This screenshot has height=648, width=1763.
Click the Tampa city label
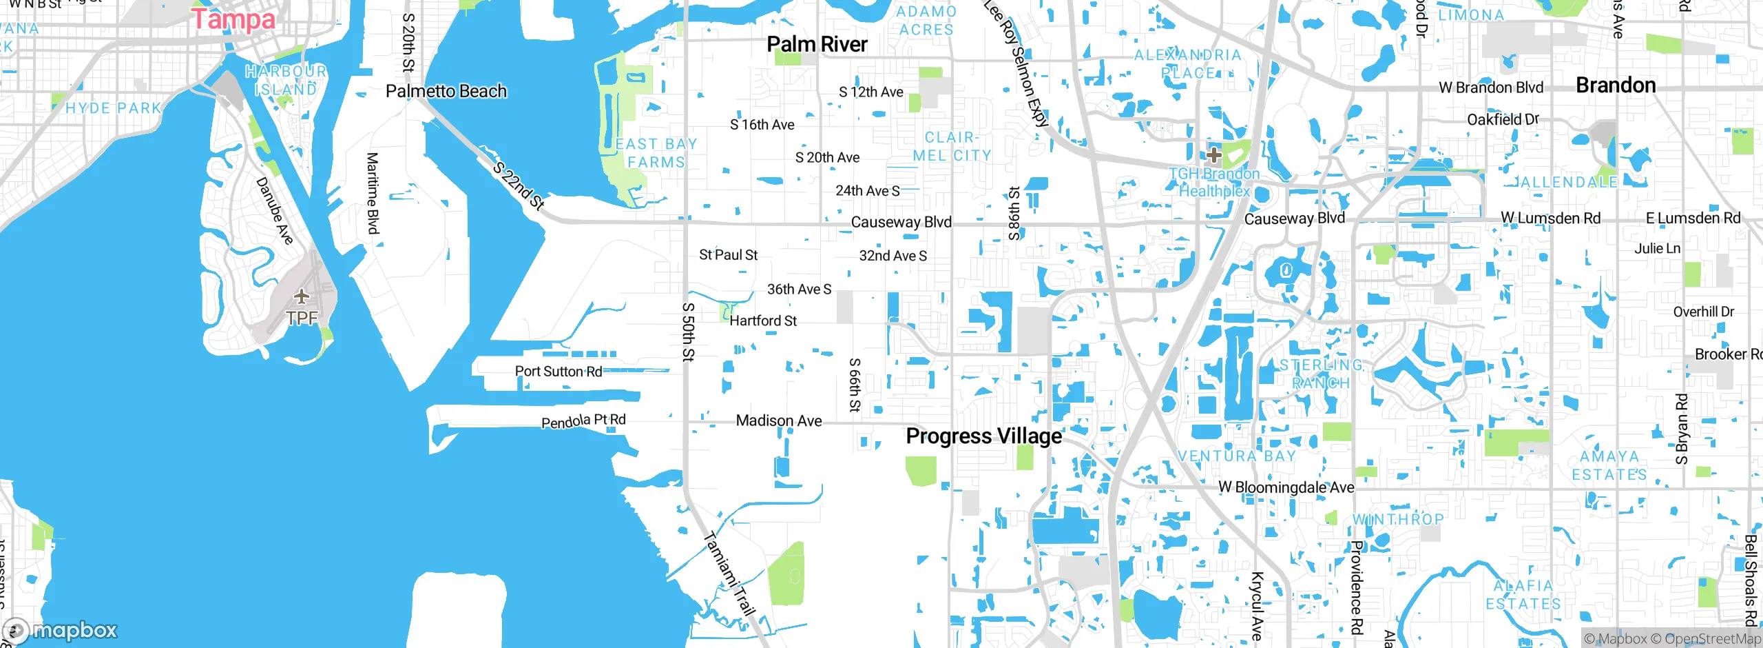click(233, 19)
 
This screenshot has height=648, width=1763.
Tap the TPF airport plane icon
click(301, 297)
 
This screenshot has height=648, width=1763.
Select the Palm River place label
click(817, 45)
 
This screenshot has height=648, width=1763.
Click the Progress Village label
click(983, 436)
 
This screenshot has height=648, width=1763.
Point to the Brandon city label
click(1616, 85)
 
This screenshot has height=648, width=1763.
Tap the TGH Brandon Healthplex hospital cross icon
click(1214, 155)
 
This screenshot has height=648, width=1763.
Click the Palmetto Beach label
click(446, 92)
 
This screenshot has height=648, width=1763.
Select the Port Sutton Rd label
click(558, 372)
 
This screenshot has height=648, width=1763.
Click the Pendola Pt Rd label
click(583, 421)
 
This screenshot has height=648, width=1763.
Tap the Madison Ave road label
click(778, 421)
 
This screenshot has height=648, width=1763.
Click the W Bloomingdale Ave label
click(1286, 487)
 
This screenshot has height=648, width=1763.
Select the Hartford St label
click(763, 321)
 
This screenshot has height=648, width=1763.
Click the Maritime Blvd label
click(373, 193)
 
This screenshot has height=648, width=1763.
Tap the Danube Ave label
click(275, 210)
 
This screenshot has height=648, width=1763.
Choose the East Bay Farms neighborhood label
click(656, 153)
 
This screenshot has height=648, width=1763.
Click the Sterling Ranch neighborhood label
click(1320, 374)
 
